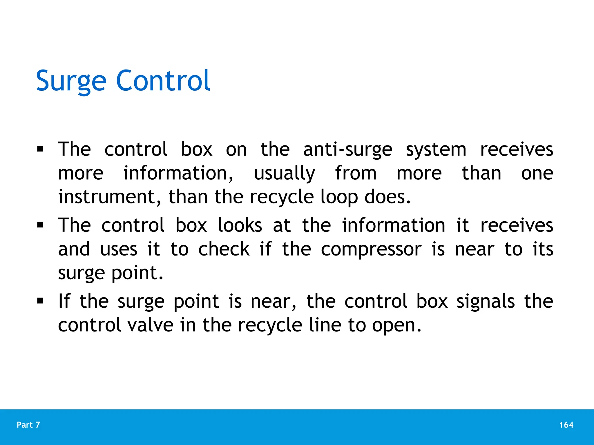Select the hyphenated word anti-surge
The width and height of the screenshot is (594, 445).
point(347,150)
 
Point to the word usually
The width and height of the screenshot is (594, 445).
point(284,174)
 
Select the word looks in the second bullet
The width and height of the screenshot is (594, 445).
point(240,225)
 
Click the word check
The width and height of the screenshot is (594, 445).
point(224,249)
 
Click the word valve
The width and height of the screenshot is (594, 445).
point(151,325)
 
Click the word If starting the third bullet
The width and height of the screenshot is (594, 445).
point(64,301)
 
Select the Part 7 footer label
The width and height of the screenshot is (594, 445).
point(28,425)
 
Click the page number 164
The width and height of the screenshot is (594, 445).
point(566,425)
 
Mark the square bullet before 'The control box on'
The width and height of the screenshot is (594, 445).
point(40,149)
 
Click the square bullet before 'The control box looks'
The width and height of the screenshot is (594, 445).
point(40,225)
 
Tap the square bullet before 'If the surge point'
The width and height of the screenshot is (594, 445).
point(40,301)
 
